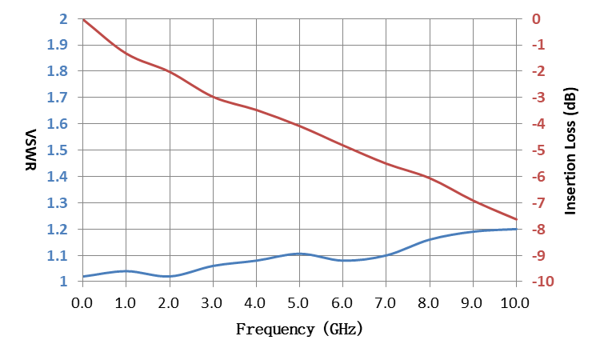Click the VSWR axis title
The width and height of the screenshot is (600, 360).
(30, 150)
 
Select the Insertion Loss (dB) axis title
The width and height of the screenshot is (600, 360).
(570, 151)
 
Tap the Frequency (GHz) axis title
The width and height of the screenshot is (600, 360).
(299, 329)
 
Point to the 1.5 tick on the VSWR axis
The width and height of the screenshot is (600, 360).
(58, 150)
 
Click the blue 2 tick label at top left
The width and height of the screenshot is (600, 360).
(63, 18)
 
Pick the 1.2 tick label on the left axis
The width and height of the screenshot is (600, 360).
(58, 229)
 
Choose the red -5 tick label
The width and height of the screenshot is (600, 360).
(538, 150)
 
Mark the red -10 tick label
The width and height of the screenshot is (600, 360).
(542, 282)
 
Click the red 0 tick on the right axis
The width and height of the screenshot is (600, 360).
(536, 18)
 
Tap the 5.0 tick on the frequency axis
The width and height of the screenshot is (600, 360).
(298, 303)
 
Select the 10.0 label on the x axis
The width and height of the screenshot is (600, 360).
(515, 303)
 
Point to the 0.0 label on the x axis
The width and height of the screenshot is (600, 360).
(82, 303)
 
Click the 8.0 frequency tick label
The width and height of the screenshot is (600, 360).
(428, 303)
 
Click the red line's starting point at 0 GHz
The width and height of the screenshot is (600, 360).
(83, 19)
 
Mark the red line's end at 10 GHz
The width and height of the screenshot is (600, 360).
(517, 219)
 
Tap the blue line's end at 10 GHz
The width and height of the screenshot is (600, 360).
(517, 229)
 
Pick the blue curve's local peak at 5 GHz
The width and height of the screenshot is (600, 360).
(299, 254)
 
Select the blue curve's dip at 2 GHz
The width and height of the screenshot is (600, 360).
(169, 276)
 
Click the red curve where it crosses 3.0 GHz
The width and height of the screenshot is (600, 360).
(213, 97)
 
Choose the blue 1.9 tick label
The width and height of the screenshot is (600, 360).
(58, 45)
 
